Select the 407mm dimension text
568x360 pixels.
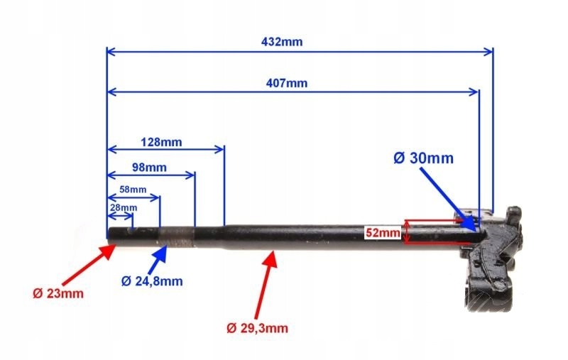pos(288,82)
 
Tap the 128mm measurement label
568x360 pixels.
pos(161,141)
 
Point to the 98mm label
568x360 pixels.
pos(149,168)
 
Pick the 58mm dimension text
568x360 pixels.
pos(133,190)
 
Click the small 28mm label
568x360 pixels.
pos(124,207)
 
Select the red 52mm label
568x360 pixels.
pos(382,231)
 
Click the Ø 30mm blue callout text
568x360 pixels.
pos(423,158)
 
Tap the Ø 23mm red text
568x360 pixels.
pos(58,293)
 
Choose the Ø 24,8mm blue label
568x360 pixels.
pos(152,281)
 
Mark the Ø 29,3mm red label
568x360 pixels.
pos(258,327)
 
